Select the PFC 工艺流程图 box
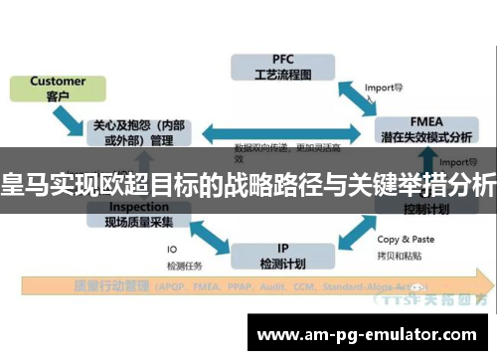[275, 67]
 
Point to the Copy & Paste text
[407, 239]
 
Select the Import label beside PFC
[383, 87]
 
